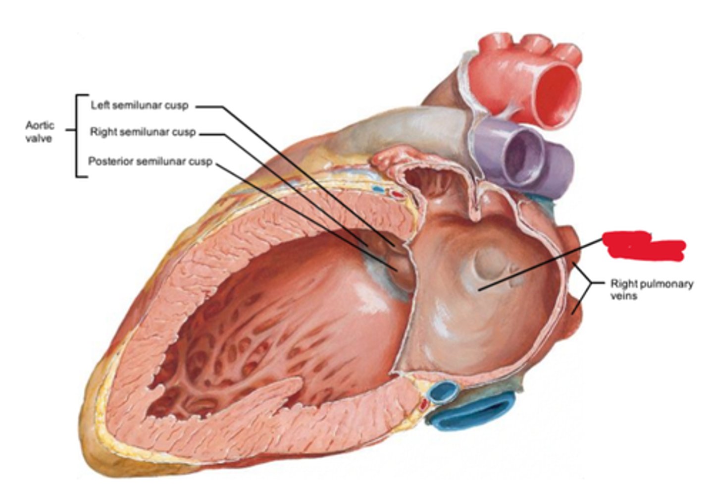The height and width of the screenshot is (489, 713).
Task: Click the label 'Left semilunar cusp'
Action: [139, 106]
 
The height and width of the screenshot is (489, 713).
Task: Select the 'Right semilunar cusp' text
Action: [143, 132]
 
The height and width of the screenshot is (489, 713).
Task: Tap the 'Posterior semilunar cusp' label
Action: [150, 162]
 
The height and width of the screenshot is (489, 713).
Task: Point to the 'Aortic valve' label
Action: [39, 132]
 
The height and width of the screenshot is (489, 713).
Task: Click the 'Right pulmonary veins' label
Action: [651, 289]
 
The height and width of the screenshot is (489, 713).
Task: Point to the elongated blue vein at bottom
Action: [475, 414]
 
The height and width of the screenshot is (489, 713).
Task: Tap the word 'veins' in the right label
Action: [623, 296]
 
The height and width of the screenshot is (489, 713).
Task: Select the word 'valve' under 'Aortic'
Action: [39, 139]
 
